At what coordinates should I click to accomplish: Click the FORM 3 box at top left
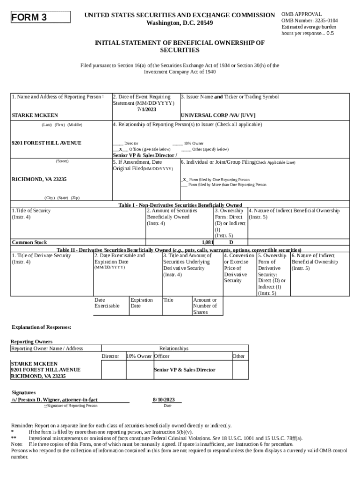point(40,17)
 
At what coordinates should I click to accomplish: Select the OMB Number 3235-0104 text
point(310,21)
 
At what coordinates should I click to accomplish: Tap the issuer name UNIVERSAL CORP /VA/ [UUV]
point(218,115)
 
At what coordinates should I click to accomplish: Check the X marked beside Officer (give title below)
point(120,149)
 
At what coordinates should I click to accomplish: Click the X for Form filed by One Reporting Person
point(185,180)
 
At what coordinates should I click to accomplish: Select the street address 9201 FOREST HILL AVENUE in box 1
point(46,143)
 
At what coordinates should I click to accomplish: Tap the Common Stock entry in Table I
point(29,242)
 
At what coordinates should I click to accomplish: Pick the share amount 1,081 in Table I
point(207,242)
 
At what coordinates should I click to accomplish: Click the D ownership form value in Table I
point(231,242)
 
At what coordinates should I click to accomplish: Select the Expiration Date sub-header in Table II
point(142,303)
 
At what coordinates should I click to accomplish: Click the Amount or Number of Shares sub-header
point(205,306)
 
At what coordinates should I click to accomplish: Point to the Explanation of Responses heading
point(41,327)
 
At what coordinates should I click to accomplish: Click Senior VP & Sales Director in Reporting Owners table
point(185,370)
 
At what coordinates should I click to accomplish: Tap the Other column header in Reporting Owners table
point(238,356)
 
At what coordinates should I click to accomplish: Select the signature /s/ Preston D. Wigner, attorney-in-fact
point(55,399)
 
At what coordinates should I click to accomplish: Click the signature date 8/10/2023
point(164,399)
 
